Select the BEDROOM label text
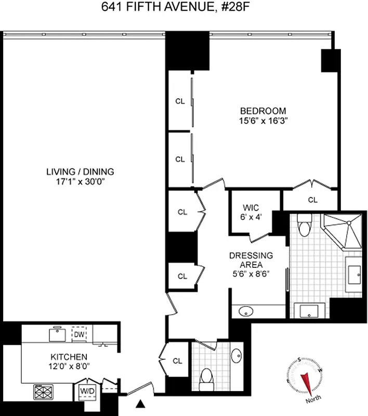[262, 111]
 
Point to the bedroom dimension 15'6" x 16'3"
[262, 121]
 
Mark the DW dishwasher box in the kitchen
[78, 334]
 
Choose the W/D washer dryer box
[85, 391]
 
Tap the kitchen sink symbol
[56, 334]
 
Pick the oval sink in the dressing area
[246, 311]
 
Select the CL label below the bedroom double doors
[312, 199]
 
